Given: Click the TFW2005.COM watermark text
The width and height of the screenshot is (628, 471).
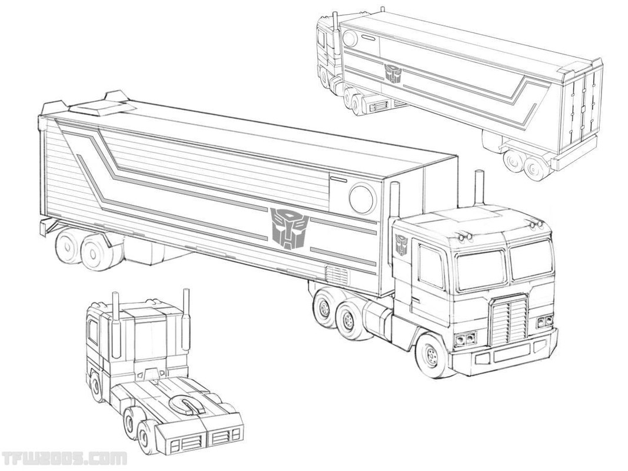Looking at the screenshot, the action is [x=64, y=458].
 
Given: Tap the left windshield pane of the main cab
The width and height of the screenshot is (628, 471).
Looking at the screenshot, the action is [x=481, y=270].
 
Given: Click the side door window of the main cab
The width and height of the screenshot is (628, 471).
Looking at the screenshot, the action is [x=431, y=266].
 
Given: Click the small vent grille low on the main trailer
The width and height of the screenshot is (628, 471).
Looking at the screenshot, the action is [x=337, y=275].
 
